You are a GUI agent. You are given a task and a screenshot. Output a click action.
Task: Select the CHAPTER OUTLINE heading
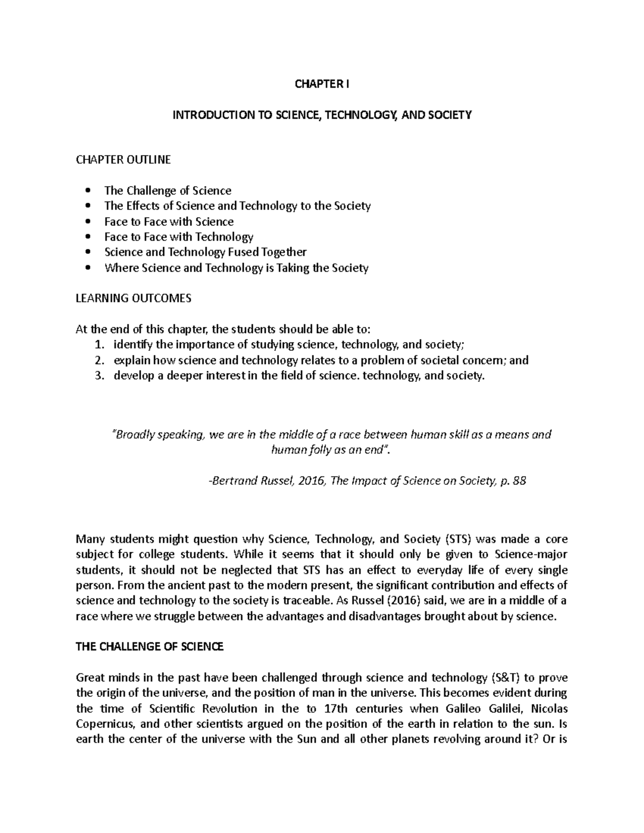pos(123,159)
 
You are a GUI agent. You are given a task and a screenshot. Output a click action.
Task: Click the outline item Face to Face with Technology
pos(179,237)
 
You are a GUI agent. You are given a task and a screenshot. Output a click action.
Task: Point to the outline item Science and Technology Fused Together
pos(206,252)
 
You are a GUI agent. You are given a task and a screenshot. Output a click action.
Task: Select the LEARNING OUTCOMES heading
pos(134,299)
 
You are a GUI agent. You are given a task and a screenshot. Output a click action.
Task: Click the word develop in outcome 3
pos(134,375)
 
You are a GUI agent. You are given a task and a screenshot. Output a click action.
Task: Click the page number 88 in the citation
pos(519,481)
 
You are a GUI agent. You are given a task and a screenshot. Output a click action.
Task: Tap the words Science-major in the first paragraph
pos(531,554)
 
